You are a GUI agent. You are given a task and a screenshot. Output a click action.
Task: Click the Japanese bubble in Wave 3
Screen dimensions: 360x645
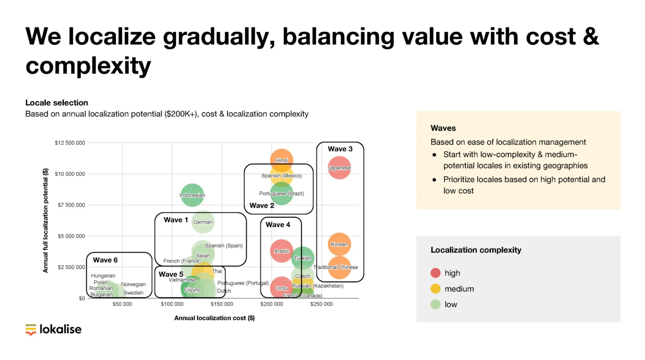(x=339, y=168)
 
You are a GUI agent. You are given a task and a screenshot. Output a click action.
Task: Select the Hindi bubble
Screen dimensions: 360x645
(x=282, y=160)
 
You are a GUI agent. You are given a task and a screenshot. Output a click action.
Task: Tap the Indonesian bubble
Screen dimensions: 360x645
(x=192, y=195)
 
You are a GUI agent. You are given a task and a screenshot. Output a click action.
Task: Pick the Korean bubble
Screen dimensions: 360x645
(x=339, y=244)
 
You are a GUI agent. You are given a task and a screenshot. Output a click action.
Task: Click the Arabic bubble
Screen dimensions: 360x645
(x=282, y=251)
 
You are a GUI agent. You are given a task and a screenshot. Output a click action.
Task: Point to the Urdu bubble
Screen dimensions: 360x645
(x=282, y=288)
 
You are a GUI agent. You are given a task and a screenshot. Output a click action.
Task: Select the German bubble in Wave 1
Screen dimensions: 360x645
(x=203, y=222)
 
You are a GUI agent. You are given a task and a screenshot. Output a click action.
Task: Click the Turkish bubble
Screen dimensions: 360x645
(x=303, y=258)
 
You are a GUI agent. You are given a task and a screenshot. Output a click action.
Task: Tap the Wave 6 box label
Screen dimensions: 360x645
(x=105, y=260)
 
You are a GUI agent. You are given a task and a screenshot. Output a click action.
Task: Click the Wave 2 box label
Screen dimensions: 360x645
(x=262, y=205)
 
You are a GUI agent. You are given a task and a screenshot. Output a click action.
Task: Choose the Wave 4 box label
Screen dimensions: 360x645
(x=278, y=225)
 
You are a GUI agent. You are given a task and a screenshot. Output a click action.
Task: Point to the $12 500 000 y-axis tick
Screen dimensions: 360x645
(x=70, y=143)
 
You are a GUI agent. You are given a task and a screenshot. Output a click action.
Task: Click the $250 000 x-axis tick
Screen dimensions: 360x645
(x=321, y=304)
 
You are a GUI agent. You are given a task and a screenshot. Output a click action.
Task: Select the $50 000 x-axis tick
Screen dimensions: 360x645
(x=122, y=304)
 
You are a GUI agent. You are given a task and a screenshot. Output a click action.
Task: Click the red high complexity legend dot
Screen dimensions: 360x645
(x=435, y=273)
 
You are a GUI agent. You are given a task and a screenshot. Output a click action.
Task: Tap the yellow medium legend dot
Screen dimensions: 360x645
(x=435, y=289)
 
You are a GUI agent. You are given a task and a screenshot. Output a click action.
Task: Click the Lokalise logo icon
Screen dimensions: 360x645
(x=31, y=330)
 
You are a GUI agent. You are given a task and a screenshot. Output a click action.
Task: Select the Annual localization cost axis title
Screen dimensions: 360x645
(x=215, y=318)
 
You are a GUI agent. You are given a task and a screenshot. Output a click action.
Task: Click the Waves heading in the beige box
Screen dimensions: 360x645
(x=443, y=128)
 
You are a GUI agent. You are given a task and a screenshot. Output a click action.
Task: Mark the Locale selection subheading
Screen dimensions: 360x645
(x=57, y=103)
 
